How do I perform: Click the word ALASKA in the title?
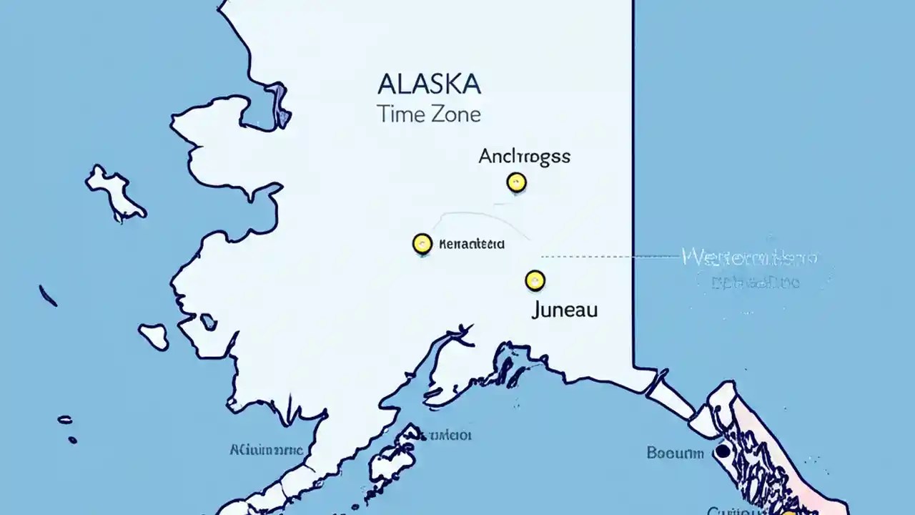click(429, 84)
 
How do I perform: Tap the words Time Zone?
click(429, 114)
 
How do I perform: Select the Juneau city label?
click(565, 310)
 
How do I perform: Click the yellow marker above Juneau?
click(535, 280)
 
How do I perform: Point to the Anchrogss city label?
click(524, 157)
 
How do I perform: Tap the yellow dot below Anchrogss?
click(516, 182)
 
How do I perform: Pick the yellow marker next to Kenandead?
click(422, 244)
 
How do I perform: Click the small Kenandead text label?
click(471, 244)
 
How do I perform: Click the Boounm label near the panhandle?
click(675, 453)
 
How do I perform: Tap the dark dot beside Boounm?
click(723, 451)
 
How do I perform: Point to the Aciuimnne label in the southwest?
click(266, 450)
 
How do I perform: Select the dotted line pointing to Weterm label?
click(608, 255)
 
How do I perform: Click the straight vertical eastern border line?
click(633, 179)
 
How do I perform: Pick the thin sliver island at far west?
click(48, 295)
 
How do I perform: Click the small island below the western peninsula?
click(154, 335)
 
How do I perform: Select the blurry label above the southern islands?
click(443, 434)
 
